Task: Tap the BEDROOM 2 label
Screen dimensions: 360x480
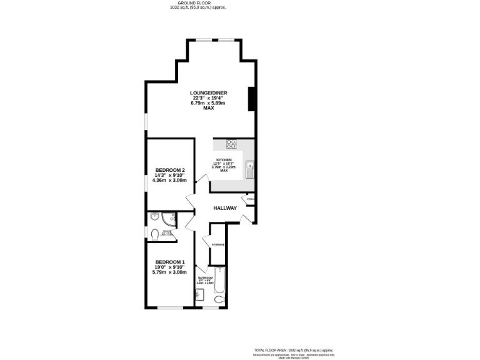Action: (170, 170)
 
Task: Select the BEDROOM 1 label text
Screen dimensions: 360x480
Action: (170, 261)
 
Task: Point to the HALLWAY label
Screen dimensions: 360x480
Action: (225, 208)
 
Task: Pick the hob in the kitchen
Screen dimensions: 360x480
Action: (231, 144)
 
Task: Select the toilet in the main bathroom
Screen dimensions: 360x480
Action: (219, 301)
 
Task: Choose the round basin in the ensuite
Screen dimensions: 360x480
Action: (154, 217)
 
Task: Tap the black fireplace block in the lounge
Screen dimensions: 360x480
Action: (251, 99)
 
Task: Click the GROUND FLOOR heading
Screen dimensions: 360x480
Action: (192, 3)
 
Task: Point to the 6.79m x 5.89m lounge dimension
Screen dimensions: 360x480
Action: (209, 103)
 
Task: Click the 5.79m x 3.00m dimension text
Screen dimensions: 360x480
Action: (170, 272)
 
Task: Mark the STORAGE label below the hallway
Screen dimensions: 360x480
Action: (218, 244)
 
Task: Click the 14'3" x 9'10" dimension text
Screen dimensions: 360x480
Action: (170, 175)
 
